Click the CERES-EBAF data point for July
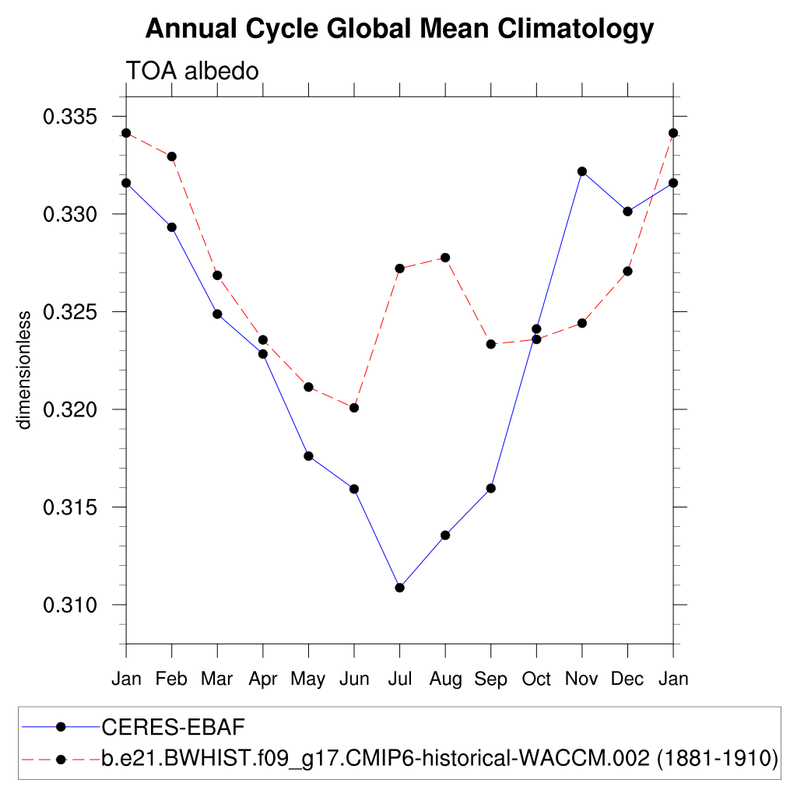click(x=399, y=588)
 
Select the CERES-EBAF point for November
click(x=582, y=171)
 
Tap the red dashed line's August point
click(x=445, y=258)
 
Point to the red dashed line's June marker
click(x=354, y=408)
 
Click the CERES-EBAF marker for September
click(x=491, y=488)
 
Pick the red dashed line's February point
click(x=172, y=156)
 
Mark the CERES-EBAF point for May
click(x=308, y=456)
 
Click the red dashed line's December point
click(x=627, y=271)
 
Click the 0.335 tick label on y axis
click(x=74, y=118)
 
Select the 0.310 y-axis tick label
click(x=74, y=605)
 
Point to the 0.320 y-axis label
click(x=74, y=409)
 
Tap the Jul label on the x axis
click(x=399, y=679)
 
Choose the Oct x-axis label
click(x=536, y=679)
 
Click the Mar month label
click(x=217, y=679)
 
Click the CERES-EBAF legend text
click(x=174, y=727)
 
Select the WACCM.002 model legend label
click(x=440, y=758)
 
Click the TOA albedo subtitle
click(x=192, y=72)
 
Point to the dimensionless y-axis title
click(x=24, y=370)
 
